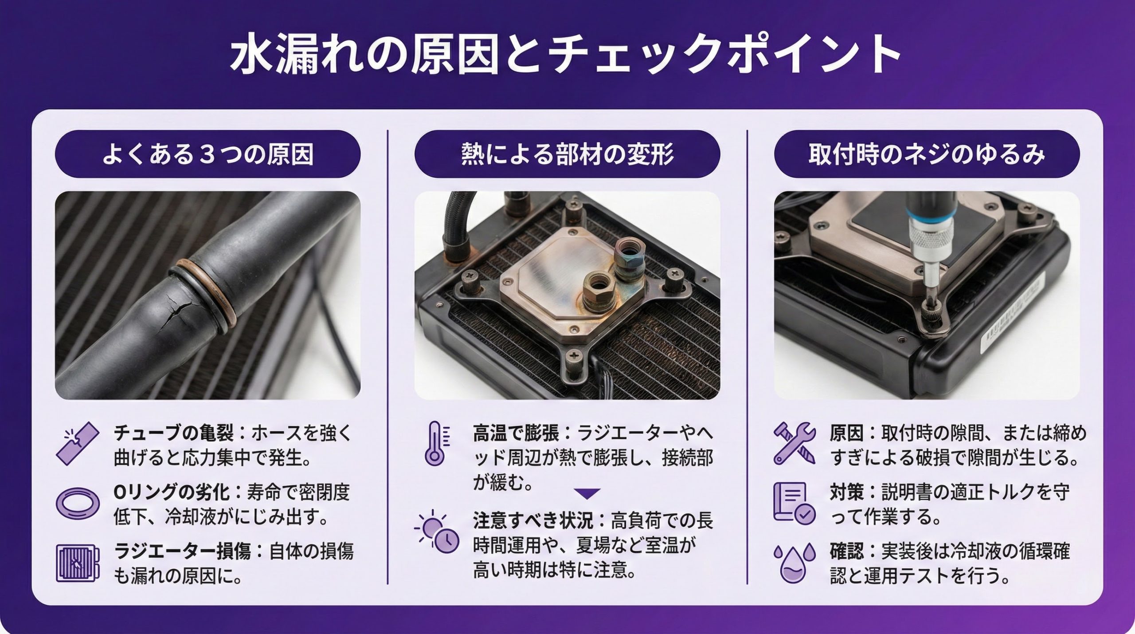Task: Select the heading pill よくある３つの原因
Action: (207, 154)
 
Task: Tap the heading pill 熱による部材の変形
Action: (567, 154)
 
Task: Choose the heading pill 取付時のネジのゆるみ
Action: (927, 154)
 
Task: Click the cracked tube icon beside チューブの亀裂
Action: (78, 443)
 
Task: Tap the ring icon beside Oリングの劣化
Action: (78, 504)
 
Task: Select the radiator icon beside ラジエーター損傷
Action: (78, 563)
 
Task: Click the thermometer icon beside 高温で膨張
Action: (437, 443)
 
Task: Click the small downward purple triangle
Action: (587, 493)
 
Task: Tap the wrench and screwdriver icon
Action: (794, 443)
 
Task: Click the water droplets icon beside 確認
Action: (794, 563)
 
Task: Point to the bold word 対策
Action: (847, 492)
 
